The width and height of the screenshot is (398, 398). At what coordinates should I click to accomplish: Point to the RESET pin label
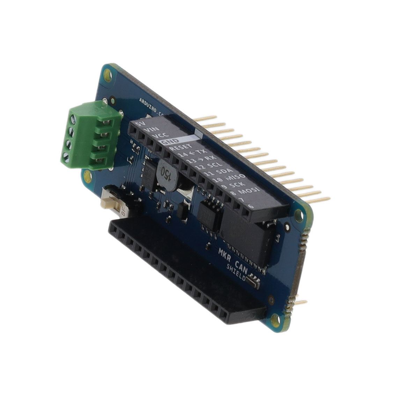tap(180, 149)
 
